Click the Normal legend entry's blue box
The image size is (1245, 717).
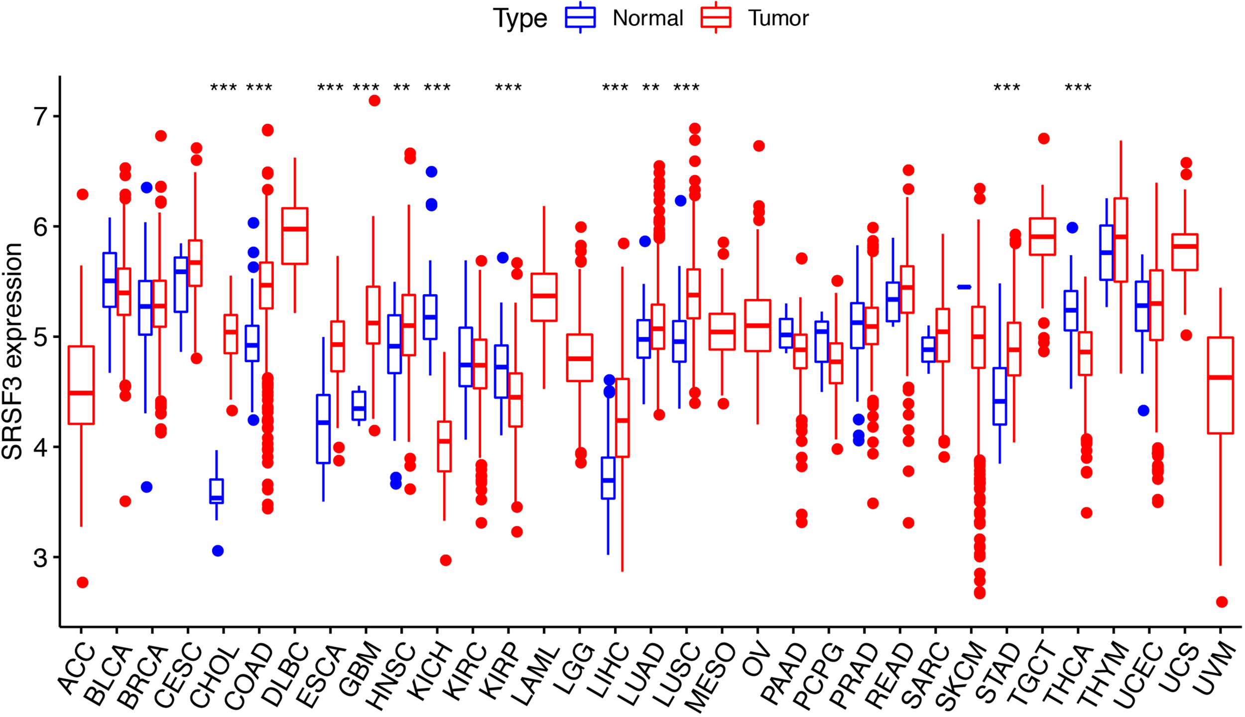[x=580, y=17]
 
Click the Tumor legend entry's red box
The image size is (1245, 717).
[x=716, y=17]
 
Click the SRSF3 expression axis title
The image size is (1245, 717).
[x=12, y=351]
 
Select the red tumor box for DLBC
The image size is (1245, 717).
[x=295, y=236]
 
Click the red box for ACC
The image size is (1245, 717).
[x=81, y=385]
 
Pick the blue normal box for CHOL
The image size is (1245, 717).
[x=216, y=491]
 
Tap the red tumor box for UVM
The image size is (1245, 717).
[x=1220, y=385]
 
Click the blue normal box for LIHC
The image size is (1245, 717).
[x=608, y=478]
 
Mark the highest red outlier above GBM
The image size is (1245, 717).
[x=374, y=101]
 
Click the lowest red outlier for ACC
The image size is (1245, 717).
[x=82, y=582]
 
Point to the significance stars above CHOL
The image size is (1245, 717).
[x=224, y=89]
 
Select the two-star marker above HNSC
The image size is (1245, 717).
[x=401, y=89]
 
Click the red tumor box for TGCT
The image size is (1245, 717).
[x=1042, y=236]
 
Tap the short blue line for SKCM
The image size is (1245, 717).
[x=964, y=287]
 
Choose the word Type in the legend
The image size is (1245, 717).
[x=519, y=18]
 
